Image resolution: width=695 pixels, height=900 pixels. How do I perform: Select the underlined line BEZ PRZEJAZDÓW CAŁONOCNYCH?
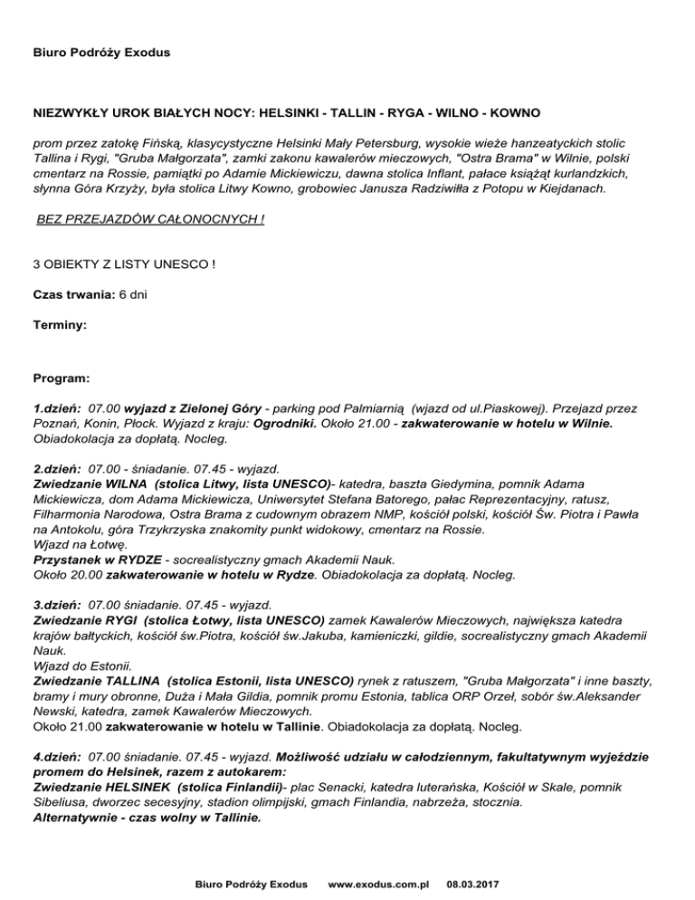click(x=150, y=219)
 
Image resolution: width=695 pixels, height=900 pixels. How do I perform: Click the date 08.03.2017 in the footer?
click(x=477, y=881)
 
